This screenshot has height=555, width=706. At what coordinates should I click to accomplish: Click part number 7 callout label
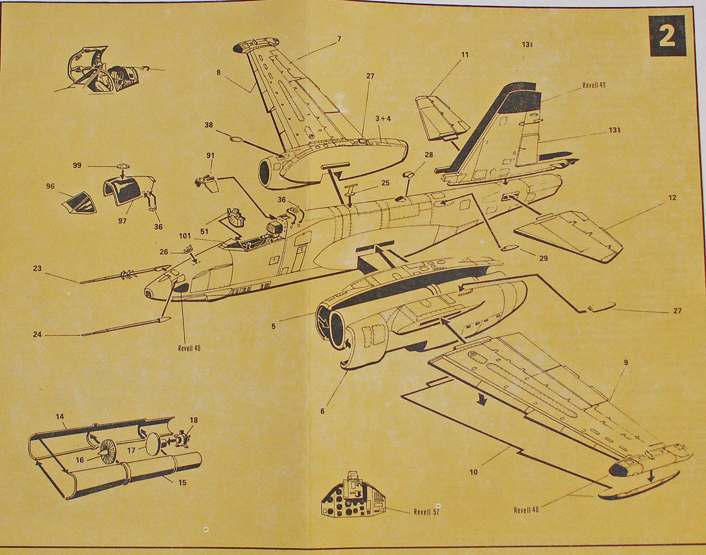click(x=339, y=39)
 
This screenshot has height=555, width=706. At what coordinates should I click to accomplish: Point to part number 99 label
click(x=77, y=165)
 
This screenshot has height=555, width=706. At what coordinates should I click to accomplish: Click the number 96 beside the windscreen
click(x=50, y=186)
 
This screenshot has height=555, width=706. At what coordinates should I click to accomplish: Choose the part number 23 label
click(x=37, y=269)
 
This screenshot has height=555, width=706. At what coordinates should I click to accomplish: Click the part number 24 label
click(x=37, y=333)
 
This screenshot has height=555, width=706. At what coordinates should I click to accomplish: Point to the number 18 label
click(x=194, y=420)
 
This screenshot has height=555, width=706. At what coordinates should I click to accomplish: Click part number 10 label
click(x=474, y=472)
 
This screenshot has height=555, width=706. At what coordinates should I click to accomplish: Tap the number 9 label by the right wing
click(x=625, y=363)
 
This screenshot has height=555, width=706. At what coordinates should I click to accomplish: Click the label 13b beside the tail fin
click(x=615, y=130)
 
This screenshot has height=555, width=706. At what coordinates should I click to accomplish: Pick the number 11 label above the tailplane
click(x=464, y=55)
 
